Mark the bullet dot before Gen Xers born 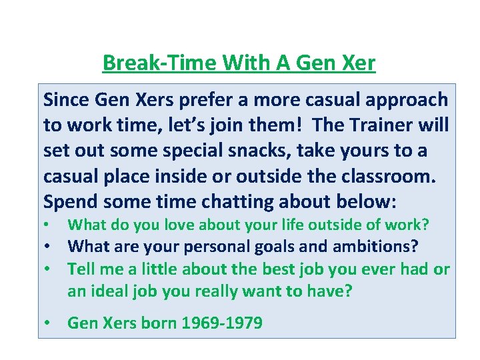48,323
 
